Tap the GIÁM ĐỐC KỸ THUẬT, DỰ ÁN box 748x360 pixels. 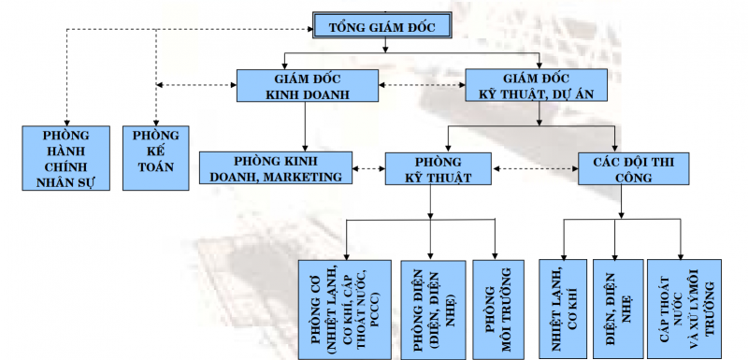(538, 85)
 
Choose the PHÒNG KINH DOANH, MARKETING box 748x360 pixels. (276, 168)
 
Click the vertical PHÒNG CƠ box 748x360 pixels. (343, 306)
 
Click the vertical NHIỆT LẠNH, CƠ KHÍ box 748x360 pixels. (561, 306)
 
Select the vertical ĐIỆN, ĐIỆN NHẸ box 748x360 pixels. (617, 306)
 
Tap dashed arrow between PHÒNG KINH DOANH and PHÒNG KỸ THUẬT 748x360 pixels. (368, 169)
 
